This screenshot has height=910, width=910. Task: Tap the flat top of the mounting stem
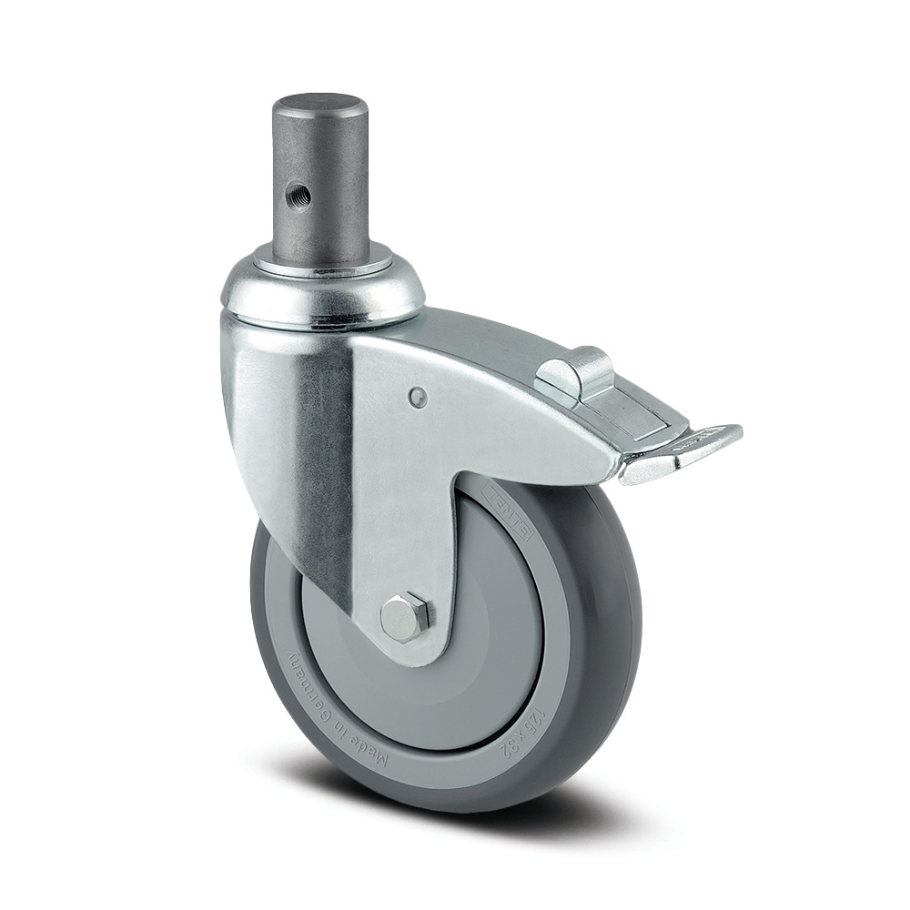pyautogui.click(x=320, y=102)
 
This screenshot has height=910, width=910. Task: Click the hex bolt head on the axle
pyautogui.click(x=405, y=617)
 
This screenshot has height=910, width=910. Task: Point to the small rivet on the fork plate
pyautogui.click(x=417, y=396)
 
